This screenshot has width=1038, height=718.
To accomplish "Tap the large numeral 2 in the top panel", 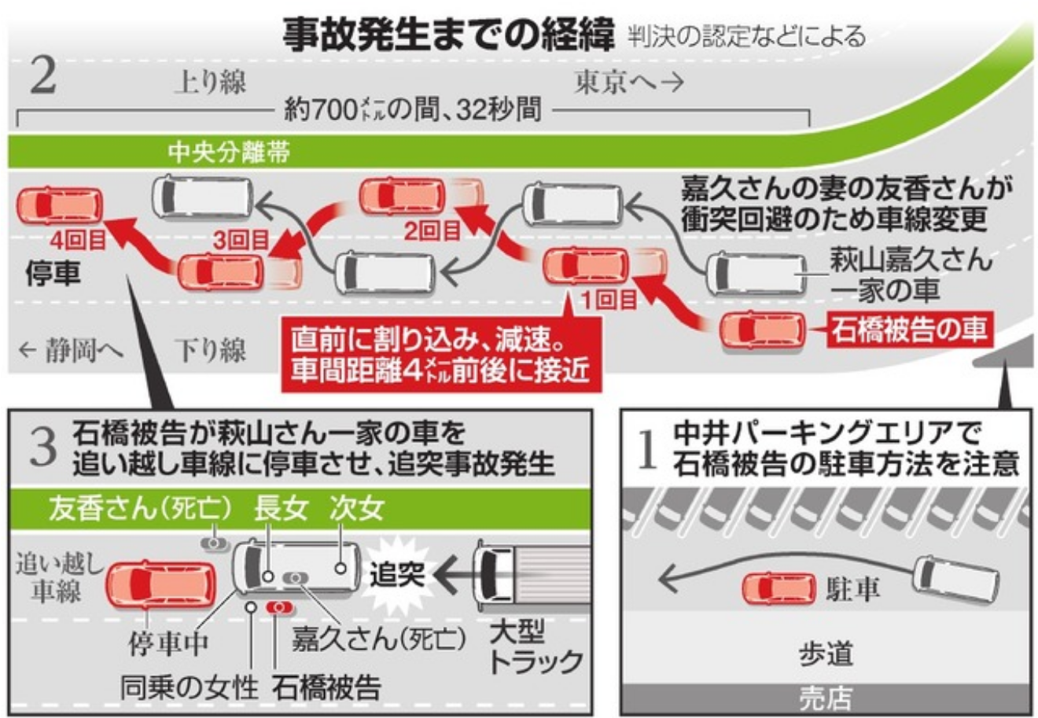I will (42, 77).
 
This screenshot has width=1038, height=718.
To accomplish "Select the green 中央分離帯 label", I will (229, 152).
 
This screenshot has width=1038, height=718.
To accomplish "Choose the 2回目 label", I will (432, 230).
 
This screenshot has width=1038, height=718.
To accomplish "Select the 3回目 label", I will (241, 240).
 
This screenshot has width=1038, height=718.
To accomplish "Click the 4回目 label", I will (78, 239).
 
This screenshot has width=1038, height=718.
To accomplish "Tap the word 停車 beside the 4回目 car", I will (53, 274).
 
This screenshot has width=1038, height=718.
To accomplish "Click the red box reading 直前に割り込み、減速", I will (440, 355).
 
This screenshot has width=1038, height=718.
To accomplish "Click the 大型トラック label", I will (535, 646).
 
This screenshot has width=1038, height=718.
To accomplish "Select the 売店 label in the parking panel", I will (825, 698).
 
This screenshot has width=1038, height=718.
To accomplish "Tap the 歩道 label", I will (826, 654).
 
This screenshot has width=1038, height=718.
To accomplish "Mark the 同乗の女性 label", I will (189, 687).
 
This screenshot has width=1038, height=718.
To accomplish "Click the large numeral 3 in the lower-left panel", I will (42, 447).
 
